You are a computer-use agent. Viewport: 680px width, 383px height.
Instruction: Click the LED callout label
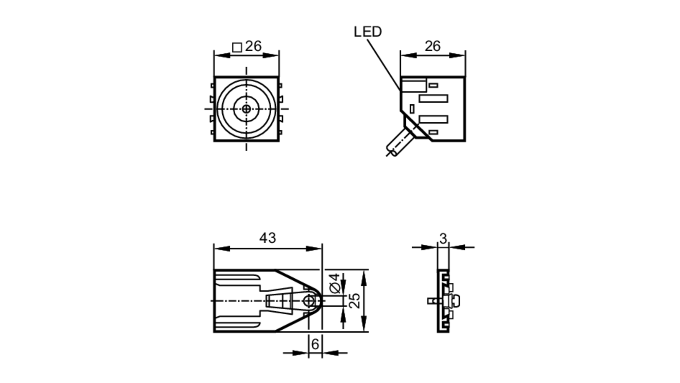click(x=368, y=32)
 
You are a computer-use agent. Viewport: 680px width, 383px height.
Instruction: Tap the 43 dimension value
click(x=268, y=238)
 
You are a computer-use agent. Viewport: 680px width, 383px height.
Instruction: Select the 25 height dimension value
click(x=355, y=301)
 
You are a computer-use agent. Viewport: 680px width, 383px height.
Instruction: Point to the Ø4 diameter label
click(x=335, y=283)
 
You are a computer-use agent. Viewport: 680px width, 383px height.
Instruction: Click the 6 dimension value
click(x=315, y=344)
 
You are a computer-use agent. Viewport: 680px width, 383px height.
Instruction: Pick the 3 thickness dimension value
click(x=443, y=239)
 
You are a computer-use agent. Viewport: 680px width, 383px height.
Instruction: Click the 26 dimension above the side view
click(x=432, y=46)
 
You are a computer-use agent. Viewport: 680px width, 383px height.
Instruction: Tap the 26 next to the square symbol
click(x=253, y=46)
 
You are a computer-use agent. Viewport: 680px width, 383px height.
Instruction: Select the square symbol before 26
click(x=237, y=47)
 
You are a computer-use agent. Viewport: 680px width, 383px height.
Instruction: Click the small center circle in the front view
click(x=247, y=109)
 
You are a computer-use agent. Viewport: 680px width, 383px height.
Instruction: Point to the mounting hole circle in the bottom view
click(x=309, y=301)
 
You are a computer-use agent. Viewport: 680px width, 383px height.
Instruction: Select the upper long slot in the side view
click(x=433, y=99)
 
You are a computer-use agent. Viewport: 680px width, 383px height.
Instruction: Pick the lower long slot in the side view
click(x=433, y=119)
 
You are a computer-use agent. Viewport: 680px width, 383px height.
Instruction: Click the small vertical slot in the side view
click(x=412, y=109)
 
